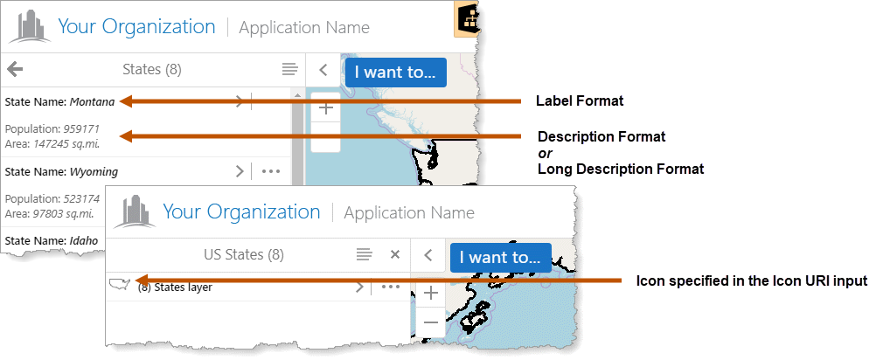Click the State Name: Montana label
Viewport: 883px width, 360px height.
tap(59, 101)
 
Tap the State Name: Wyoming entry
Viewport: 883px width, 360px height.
tap(60, 171)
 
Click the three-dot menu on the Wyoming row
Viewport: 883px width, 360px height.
tap(271, 171)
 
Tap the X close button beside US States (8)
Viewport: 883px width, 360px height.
tap(394, 254)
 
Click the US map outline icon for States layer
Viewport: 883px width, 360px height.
tap(119, 284)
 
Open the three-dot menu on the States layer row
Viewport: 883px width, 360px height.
tap(390, 287)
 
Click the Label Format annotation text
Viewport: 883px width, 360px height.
tap(580, 101)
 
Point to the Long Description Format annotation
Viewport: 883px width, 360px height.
tap(621, 169)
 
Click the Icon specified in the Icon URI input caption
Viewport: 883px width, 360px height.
tap(751, 280)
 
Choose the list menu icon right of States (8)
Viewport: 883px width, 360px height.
tap(289, 69)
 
